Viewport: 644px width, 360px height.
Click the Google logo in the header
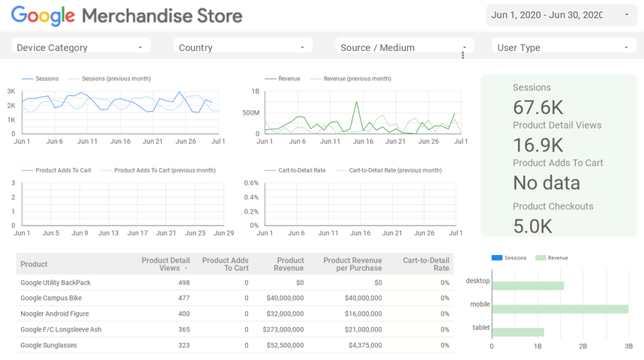[43, 16]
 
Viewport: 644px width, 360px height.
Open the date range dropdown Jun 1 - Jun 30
[561, 15]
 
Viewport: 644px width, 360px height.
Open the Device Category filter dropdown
[80, 47]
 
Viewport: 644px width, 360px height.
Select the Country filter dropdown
[242, 47]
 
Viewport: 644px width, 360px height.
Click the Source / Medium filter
[404, 47]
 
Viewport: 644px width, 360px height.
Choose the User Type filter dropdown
[563, 47]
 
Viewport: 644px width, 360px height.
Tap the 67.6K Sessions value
[538, 107]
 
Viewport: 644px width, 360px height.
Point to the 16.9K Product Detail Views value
[538, 145]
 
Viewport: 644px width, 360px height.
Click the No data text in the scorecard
[546, 182]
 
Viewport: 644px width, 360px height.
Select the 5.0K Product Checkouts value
[533, 225]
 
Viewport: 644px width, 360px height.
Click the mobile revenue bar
[559, 309]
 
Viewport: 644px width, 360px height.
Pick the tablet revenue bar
[517, 332]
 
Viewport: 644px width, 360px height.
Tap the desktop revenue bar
[527, 286]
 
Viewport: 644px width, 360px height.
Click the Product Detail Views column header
[165, 264]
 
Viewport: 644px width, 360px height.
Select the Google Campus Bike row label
[51, 298]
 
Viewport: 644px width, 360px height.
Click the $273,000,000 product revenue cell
[283, 329]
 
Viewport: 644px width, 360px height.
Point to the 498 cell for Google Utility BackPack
[183, 283]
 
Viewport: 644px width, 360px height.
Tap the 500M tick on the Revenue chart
[250, 112]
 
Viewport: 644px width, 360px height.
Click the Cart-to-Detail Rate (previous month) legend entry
[394, 170]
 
